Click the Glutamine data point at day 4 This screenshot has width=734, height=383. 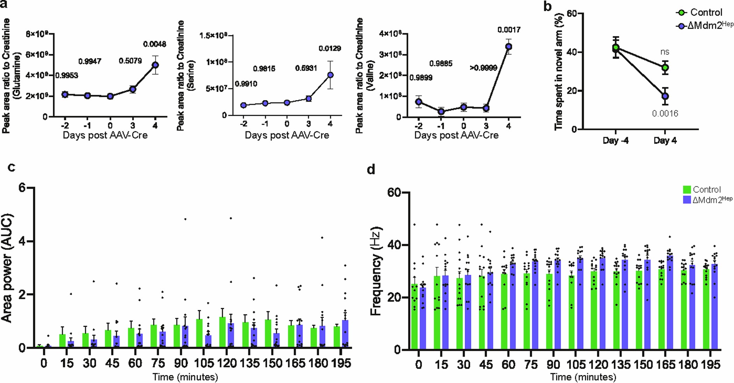(x=155, y=65)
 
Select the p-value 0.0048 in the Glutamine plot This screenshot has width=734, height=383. (x=155, y=44)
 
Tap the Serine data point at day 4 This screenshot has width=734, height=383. (x=330, y=75)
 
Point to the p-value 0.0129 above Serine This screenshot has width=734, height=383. (x=329, y=48)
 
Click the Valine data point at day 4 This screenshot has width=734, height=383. (x=509, y=47)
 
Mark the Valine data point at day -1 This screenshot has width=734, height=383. (x=441, y=112)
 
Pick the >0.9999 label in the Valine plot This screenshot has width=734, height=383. (x=483, y=68)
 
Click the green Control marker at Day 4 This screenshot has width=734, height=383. (x=665, y=68)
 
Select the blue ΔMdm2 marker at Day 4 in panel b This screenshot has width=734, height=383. (x=665, y=96)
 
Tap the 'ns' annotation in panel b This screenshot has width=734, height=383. (x=665, y=52)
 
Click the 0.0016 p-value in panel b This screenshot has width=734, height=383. (x=665, y=113)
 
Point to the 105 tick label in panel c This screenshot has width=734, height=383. (x=204, y=363)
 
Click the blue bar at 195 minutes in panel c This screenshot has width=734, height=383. (x=345, y=334)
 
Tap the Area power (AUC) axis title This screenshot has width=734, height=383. (x=7, y=268)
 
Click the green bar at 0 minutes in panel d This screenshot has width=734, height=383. (x=414, y=317)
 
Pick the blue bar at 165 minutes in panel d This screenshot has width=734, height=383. (x=670, y=303)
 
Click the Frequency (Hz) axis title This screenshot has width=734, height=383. (x=376, y=271)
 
